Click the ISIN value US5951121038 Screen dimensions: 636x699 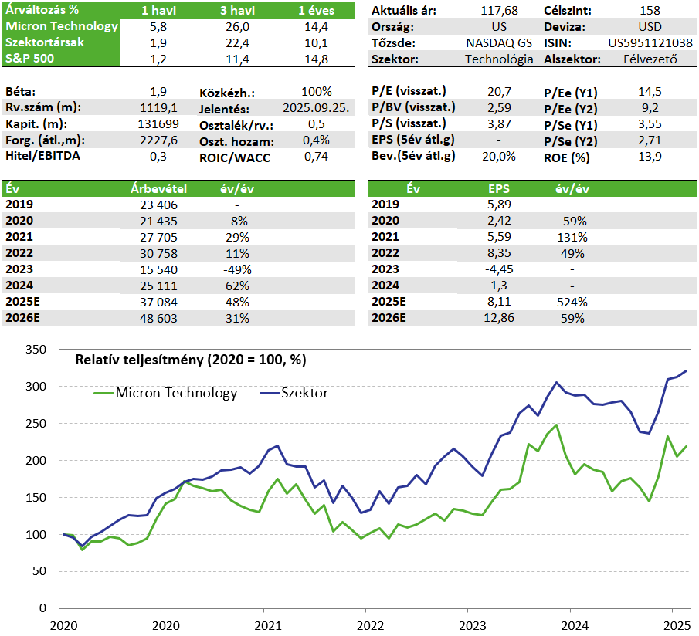pyautogui.click(x=650, y=42)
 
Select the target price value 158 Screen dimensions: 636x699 pyautogui.click(x=650, y=10)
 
